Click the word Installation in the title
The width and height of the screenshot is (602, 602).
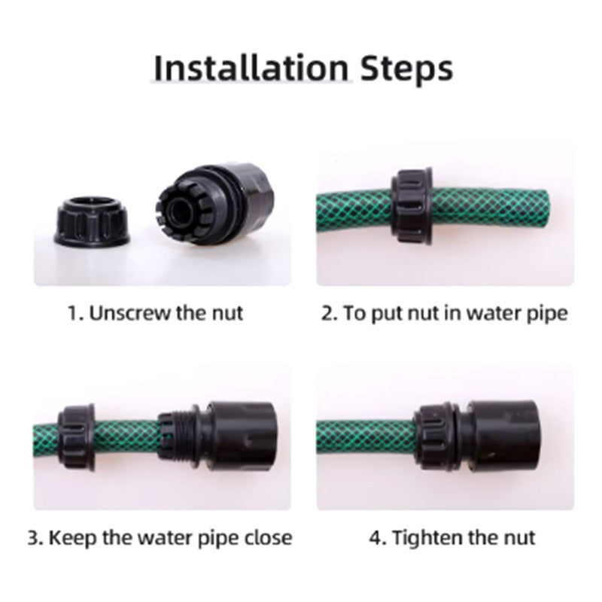(x=251, y=68)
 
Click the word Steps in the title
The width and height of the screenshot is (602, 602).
(x=406, y=71)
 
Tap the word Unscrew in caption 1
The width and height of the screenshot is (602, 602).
(x=129, y=313)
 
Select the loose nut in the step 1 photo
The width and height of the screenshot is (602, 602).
(x=91, y=221)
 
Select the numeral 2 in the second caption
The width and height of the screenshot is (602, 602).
(x=327, y=313)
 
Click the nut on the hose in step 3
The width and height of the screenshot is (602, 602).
(x=76, y=436)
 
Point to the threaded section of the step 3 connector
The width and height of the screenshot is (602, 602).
(x=183, y=436)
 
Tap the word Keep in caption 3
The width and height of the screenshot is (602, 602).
(x=72, y=537)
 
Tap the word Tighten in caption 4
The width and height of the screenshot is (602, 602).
(x=427, y=537)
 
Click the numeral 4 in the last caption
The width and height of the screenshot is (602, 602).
(x=375, y=537)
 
